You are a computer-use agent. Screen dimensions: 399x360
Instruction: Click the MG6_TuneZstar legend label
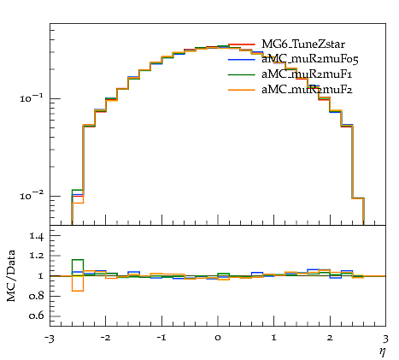pyautogui.click(x=303, y=44)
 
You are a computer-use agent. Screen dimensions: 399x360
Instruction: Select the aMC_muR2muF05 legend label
pyautogui.click(x=310, y=60)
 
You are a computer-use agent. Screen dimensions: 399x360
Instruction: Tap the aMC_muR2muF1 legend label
pyautogui.click(x=307, y=74)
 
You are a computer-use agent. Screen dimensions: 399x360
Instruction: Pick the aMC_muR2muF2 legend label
pyautogui.click(x=307, y=90)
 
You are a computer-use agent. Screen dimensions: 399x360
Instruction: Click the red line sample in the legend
pyautogui.click(x=242, y=44)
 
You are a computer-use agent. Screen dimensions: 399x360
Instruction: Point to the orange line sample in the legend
pyautogui.click(x=242, y=90)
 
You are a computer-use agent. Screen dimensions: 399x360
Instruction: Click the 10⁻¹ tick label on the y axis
pyautogui.click(x=32, y=98)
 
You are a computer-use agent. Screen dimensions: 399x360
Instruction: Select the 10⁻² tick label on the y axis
pyautogui.click(x=32, y=196)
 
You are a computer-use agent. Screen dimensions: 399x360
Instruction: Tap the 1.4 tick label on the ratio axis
pyautogui.click(x=37, y=236)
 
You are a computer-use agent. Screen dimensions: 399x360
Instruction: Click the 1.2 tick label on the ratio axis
pyautogui.click(x=37, y=255)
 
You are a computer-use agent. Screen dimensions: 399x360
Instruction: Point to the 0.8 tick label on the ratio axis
pyautogui.click(x=37, y=296)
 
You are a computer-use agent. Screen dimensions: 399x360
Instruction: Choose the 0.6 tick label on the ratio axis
pyautogui.click(x=37, y=316)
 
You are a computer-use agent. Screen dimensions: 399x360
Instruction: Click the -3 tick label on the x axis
pyautogui.click(x=50, y=339)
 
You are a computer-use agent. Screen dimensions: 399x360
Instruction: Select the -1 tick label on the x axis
pyautogui.click(x=161, y=338)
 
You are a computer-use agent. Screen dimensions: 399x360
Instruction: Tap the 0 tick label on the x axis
pyautogui.click(x=218, y=338)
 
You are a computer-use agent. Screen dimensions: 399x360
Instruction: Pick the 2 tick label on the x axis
pyautogui.click(x=330, y=338)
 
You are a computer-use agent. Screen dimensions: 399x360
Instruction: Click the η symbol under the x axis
pyautogui.click(x=382, y=351)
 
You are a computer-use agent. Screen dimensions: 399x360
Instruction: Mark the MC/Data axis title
pyautogui.click(x=11, y=275)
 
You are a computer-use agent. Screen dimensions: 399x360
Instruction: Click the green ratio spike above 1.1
pyautogui.click(x=78, y=260)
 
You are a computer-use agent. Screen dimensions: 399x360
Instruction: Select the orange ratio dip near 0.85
pyautogui.click(x=78, y=291)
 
